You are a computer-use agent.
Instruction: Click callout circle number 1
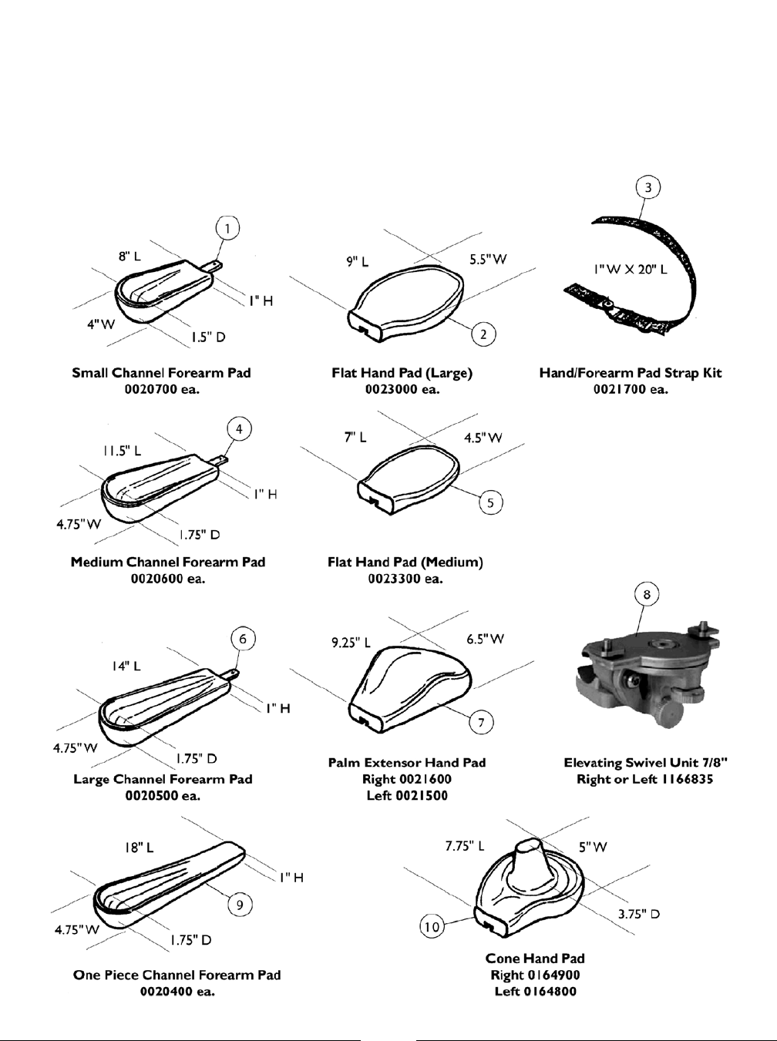click(227, 228)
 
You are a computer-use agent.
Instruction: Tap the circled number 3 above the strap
click(648, 187)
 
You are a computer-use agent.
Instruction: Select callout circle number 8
click(646, 594)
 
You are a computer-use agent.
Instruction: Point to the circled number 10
click(433, 926)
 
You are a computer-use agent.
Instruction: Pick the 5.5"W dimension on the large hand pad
click(488, 260)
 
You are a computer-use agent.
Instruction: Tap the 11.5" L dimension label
click(123, 451)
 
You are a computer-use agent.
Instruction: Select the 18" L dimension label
click(140, 847)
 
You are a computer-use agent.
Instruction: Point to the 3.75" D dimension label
click(638, 915)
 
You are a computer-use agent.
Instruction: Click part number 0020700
click(161, 389)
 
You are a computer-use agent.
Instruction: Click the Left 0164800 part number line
click(535, 992)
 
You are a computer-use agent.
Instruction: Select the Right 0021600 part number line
click(406, 779)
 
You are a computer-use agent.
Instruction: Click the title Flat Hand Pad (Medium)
click(405, 562)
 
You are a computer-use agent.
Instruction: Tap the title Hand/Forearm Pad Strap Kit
click(631, 373)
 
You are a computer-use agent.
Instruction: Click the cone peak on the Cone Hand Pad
click(530, 846)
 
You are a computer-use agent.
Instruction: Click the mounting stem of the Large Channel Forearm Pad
click(231, 675)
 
